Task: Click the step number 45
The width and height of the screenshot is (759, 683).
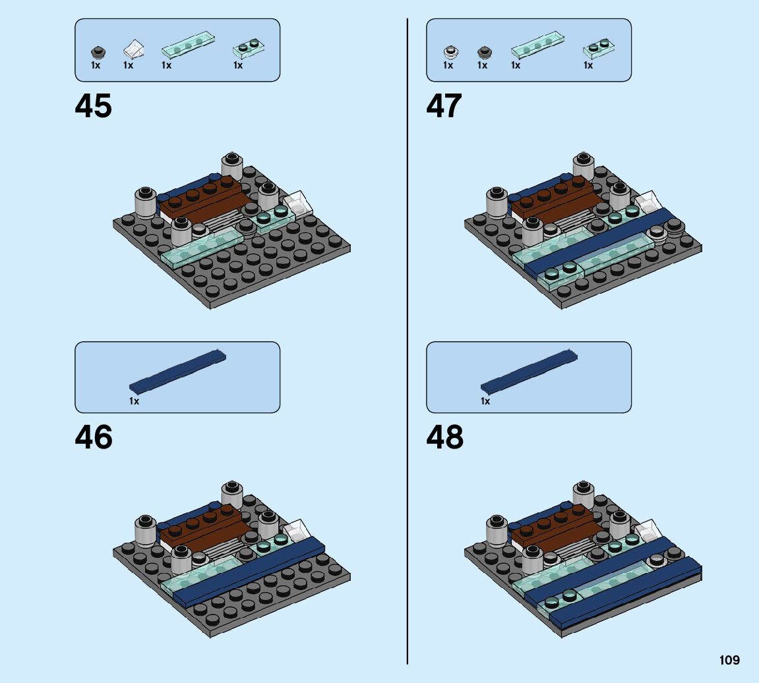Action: coord(94,106)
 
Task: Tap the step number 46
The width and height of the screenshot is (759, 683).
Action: coord(94,437)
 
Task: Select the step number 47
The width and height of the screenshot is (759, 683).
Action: coord(444,106)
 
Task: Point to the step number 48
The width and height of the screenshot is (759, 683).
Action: coord(445,437)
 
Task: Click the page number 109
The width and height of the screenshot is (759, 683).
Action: coord(729,660)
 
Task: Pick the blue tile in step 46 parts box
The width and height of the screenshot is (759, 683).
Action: coord(178,373)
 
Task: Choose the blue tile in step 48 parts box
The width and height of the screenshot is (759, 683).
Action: coord(529,373)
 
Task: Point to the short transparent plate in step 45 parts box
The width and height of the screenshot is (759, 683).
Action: coord(249,47)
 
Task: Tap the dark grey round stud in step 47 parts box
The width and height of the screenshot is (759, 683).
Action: coord(483,51)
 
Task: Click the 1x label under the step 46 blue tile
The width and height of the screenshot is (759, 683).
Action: coord(135,401)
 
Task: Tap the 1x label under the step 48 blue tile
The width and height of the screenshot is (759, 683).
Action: coord(485,401)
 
